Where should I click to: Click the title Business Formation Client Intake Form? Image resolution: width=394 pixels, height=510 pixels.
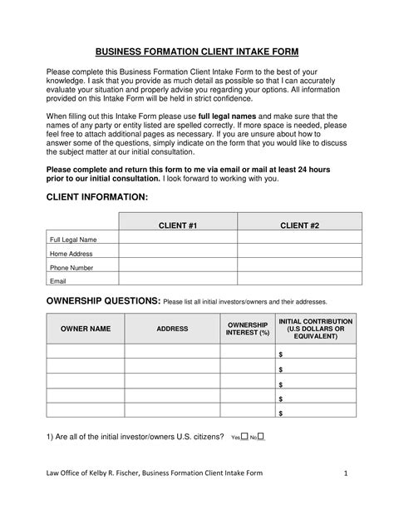(197, 51)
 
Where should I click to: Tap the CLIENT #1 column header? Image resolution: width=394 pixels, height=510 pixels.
(178, 225)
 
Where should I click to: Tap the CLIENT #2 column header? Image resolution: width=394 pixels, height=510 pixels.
(300, 225)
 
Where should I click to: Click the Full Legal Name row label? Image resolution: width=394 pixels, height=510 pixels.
(74, 240)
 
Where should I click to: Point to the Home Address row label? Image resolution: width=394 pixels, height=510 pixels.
(71, 254)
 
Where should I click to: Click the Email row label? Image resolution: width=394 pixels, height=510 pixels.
(57, 281)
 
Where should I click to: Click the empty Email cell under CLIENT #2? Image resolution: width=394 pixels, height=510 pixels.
(300, 281)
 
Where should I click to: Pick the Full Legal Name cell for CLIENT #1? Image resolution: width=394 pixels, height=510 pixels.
(178, 240)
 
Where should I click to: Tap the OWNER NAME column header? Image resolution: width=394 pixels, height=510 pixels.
(86, 329)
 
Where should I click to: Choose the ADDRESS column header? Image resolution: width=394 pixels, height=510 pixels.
(172, 329)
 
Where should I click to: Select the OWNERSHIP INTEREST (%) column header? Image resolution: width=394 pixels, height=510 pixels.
(248, 329)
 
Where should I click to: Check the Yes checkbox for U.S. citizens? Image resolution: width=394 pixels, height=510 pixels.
(244, 436)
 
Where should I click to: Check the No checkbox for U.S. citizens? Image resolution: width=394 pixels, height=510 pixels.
(262, 436)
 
